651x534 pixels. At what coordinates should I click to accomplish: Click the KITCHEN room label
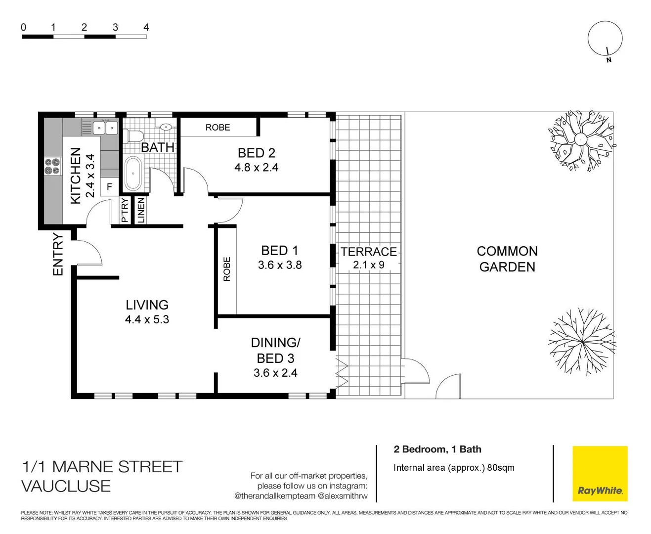[x=76, y=176]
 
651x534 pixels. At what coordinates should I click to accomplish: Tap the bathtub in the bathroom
[x=133, y=174]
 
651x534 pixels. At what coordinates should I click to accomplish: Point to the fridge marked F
[x=109, y=187]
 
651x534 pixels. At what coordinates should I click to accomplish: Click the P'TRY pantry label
[x=125, y=210]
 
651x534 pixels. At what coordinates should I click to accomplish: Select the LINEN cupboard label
[x=141, y=210]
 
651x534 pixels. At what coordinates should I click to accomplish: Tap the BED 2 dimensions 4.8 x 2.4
[x=256, y=168]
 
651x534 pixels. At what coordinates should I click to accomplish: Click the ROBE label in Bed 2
[x=217, y=128]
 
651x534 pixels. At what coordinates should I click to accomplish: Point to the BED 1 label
[x=279, y=251]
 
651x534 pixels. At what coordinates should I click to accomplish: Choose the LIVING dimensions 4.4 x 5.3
[x=147, y=319]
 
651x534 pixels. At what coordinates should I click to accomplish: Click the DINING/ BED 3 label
[x=275, y=350]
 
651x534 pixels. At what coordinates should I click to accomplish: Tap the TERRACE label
[x=369, y=252]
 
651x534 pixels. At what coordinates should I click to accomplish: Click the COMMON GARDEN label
[x=507, y=259]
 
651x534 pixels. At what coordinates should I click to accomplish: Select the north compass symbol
[x=605, y=40]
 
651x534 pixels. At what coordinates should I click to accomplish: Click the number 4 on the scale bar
[x=146, y=27]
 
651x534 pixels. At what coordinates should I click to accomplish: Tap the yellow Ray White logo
[x=600, y=474]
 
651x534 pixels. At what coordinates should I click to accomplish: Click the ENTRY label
[x=58, y=254]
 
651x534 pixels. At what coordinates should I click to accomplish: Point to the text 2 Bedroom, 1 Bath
[x=437, y=449]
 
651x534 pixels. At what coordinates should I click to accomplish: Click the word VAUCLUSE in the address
[x=66, y=486]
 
